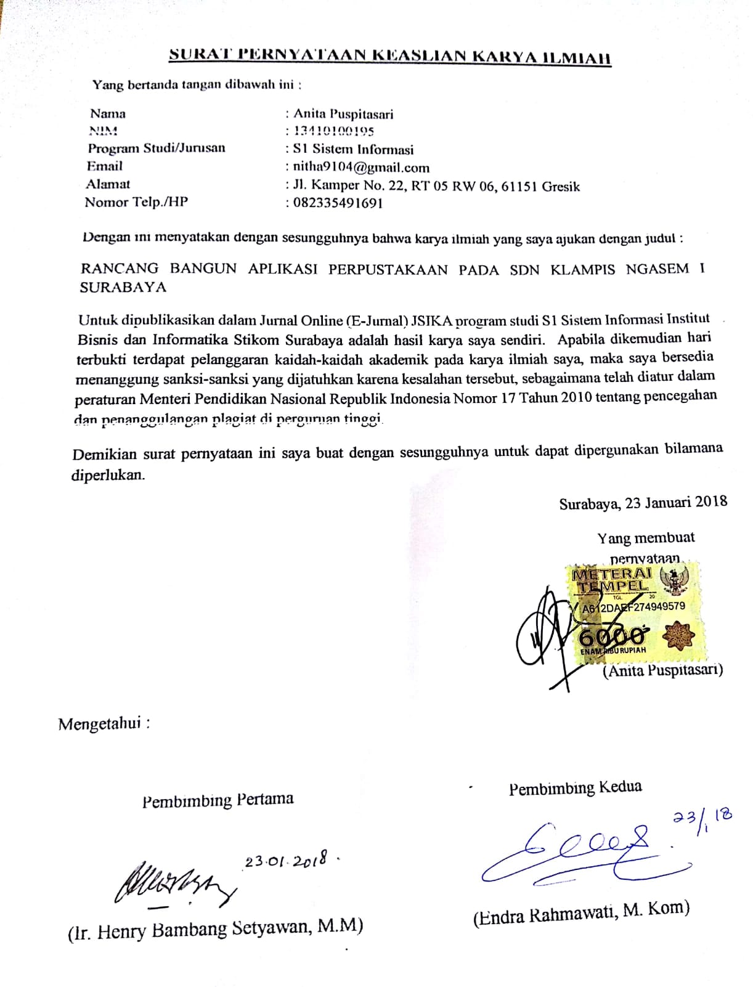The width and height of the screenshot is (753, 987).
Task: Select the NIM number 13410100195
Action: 333,131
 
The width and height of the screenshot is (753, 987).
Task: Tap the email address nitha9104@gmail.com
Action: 361,167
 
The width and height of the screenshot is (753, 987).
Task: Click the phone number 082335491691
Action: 338,203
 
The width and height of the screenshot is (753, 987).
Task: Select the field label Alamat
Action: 108,184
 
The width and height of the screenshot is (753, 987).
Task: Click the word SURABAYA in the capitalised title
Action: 123,287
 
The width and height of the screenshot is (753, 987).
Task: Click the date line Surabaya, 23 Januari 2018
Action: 643,503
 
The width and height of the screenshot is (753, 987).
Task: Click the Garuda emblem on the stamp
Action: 674,580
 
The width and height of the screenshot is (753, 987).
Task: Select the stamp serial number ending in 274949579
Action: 633,607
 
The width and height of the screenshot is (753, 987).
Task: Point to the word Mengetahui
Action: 100,723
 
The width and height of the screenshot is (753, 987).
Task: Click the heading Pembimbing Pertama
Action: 218,800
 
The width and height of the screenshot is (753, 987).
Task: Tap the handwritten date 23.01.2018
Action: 286,861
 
